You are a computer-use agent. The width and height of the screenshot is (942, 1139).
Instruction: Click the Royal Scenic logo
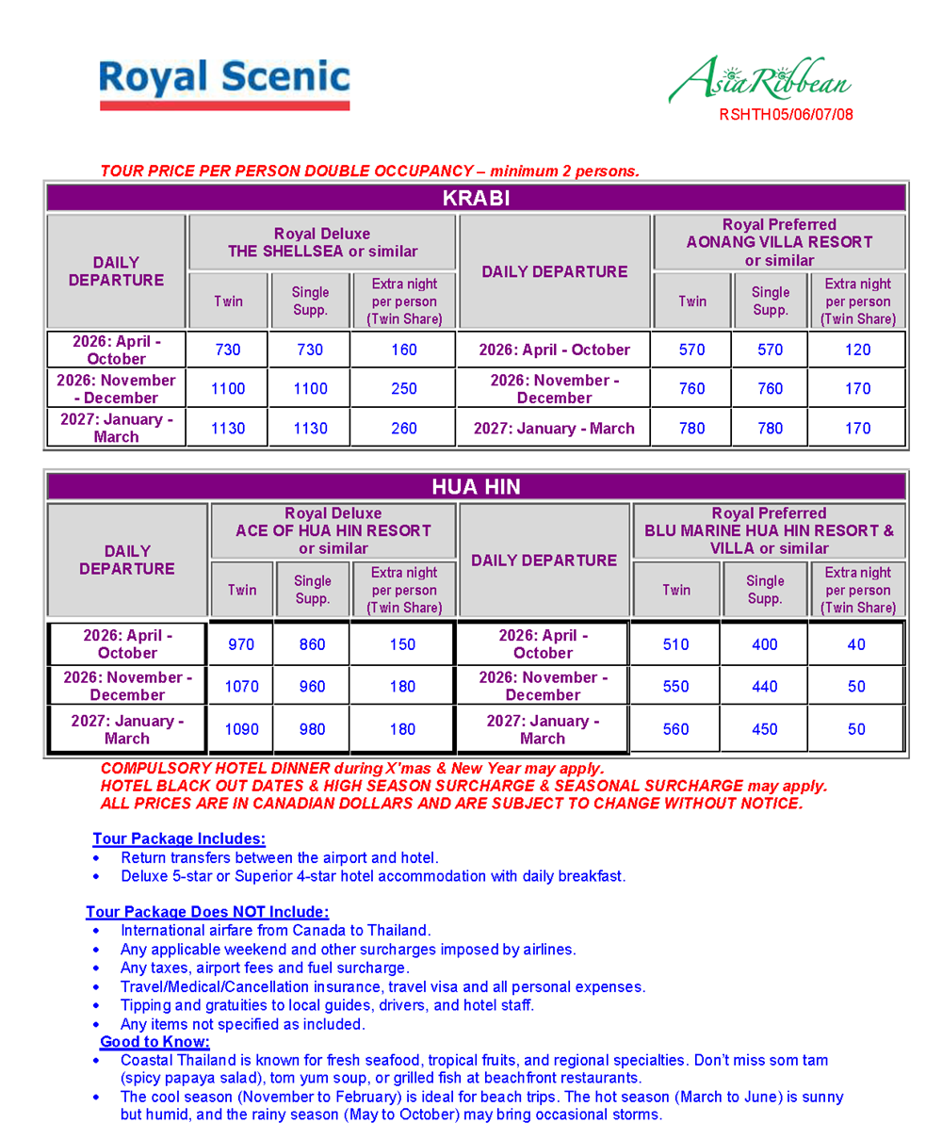pyautogui.click(x=224, y=83)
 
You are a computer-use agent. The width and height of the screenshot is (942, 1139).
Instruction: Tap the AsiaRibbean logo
pyautogui.click(x=759, y=81)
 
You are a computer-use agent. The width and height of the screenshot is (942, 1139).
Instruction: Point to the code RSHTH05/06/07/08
pyautogui.click(x=786, y=116)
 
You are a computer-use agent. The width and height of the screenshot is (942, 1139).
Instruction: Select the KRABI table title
pyautogui.click(x=476, y=198)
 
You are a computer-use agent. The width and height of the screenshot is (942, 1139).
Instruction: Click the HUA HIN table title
pyautogui.click(x=476, y=487)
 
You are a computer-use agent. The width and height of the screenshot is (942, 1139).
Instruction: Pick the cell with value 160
pyautogui.click(x=403, y=350)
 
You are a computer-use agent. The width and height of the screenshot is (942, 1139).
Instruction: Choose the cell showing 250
pyautogui.click(x=403, y=388)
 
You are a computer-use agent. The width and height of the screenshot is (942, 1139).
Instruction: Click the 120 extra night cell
pyautogui.click(x=857, y=350)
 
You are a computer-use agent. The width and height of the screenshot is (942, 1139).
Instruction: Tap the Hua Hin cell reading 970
pyautogui.click(x=241, y=644)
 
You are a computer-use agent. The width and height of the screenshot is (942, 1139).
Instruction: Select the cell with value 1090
pyautogui.click(x=241, y=729)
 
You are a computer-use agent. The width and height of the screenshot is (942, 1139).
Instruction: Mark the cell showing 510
pyautogui.click(x=675, y=644)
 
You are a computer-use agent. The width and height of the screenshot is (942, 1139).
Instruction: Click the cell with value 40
pyautogui.click(x=856, y=644)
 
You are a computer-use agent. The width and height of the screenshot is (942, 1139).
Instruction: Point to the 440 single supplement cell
pyautogui.click(x=764, y=687)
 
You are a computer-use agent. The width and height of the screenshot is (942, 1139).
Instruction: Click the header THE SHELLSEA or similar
pyautogui.click(x=322, y=252)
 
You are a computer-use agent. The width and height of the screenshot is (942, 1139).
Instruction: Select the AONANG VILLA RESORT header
pyautogui.click(x=779, y=242)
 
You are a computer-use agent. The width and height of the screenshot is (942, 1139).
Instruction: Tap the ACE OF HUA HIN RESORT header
pyautogui.click(x=333, y=530)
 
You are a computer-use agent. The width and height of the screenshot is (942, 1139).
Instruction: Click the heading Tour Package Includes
pyautogui.click(x=179, y=838)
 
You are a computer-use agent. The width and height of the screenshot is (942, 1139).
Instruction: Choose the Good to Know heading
pyautogui.click(x=154, y=1042)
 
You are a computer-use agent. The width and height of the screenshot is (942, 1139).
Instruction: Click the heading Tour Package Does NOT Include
pyautogui.click(x=207, y=912)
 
